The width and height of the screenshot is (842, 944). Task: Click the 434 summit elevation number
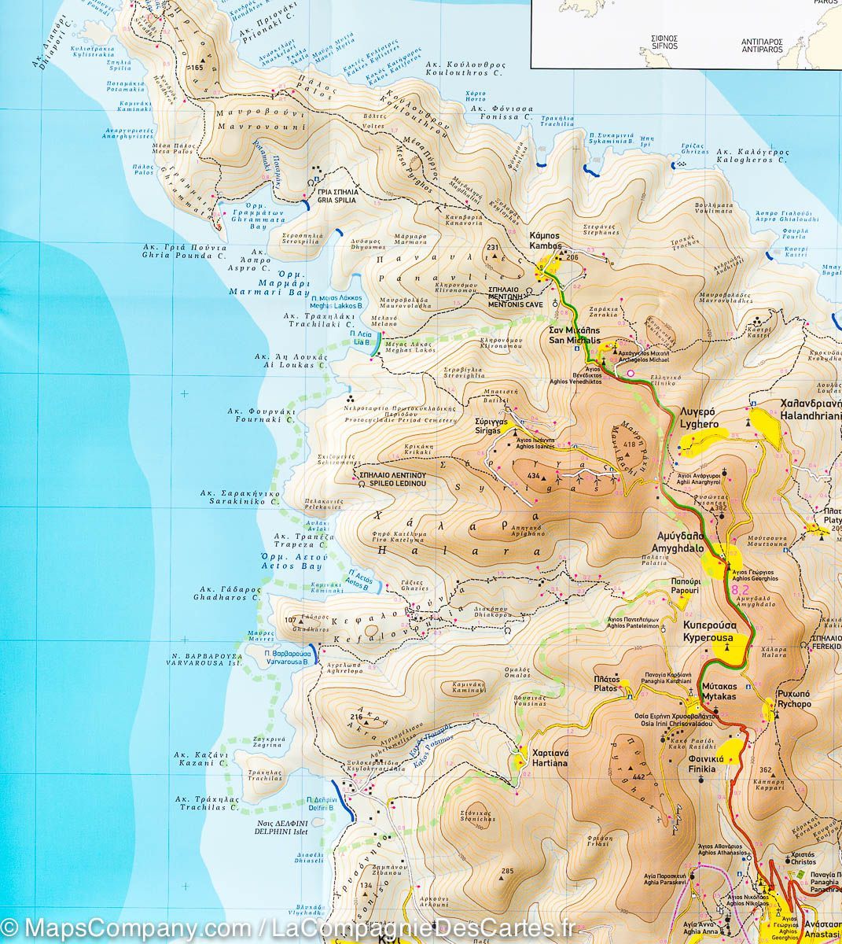tap(534, 477)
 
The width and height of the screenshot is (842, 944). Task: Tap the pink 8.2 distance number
tap(740, 588)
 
